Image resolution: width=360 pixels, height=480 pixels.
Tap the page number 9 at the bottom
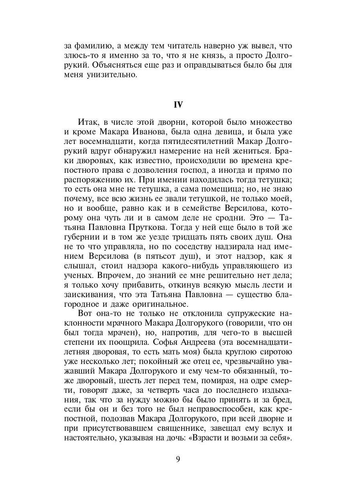[178, 459]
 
